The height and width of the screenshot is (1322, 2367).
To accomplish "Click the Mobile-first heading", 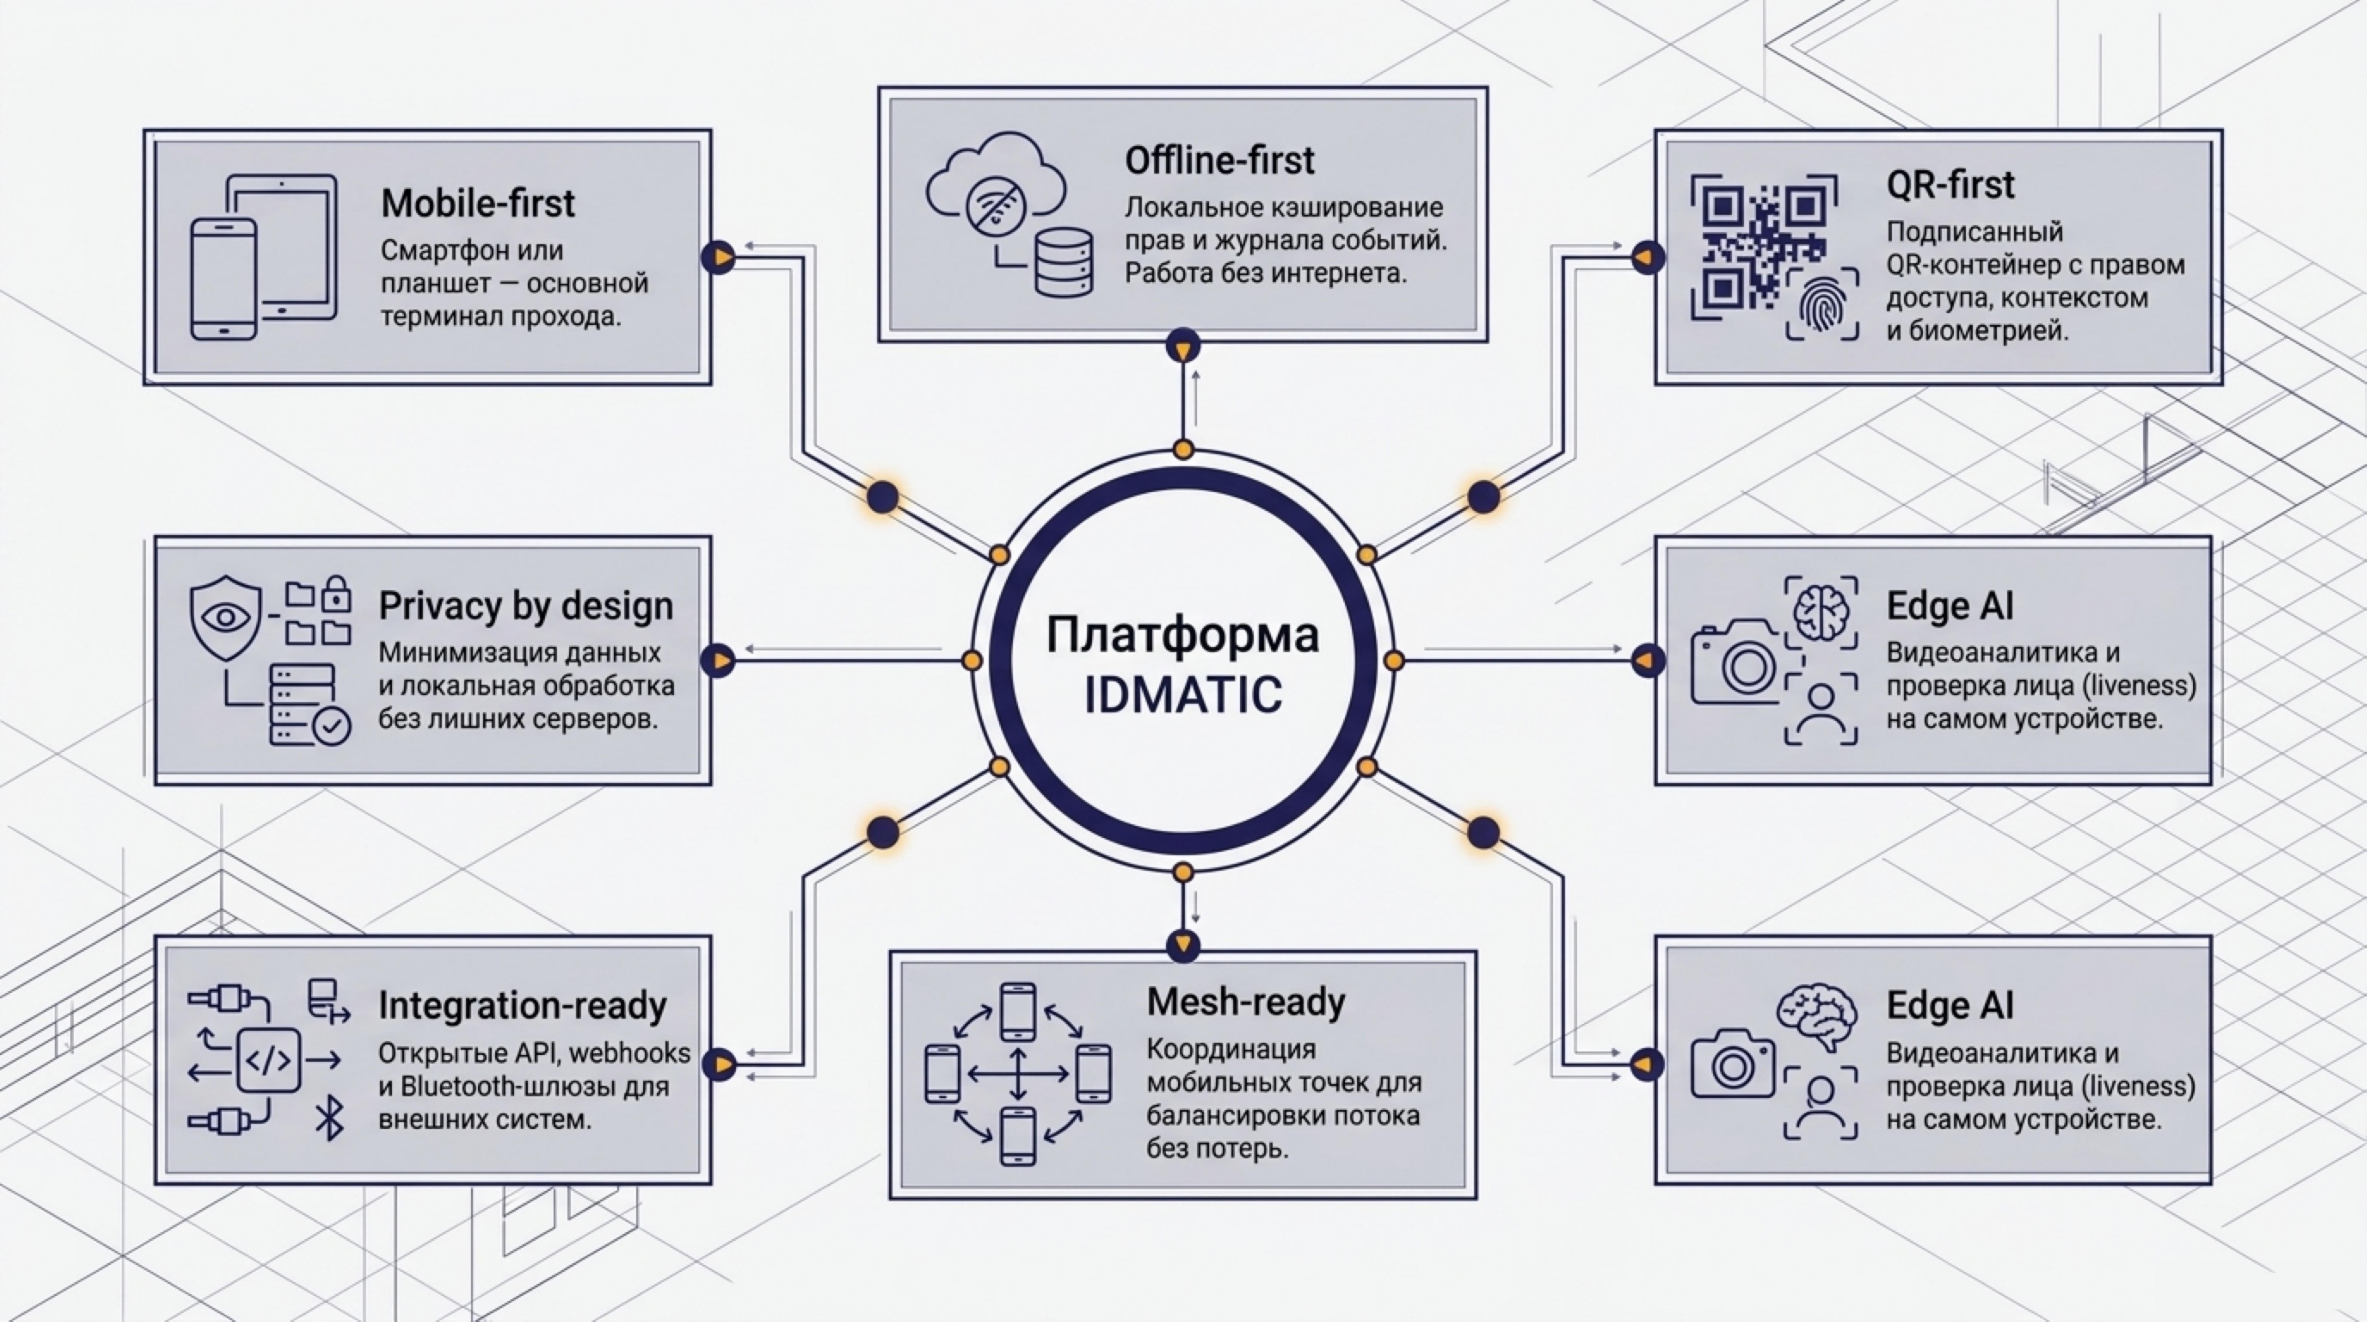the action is pyautogui.click(x=478, y=203).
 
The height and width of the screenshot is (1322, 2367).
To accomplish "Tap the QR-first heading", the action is pyautogui.click(x=1950, y=185).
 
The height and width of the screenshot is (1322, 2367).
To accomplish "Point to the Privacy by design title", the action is pyautogui.click(x=526, y=606).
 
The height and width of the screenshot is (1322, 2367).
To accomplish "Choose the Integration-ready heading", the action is pyautogui.click(x=522, y=1006).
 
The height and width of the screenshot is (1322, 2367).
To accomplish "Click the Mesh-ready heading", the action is pyautogui.click(x=1245, y=1002).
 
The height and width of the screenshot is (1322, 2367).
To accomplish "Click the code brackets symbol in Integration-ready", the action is pyautogui.click(x=268, y=1060).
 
